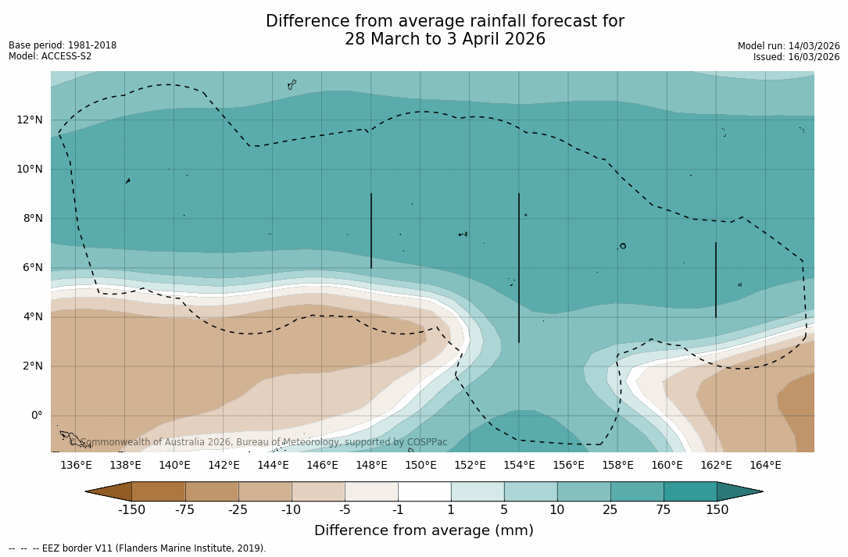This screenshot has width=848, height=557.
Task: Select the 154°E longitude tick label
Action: coord(519,466)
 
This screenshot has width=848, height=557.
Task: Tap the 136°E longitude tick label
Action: coord(76,466)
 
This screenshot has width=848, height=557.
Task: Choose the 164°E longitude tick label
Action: coord(765,466)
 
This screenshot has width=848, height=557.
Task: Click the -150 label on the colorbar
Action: coord(131,510)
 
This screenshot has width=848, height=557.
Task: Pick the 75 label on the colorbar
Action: coord(664,510)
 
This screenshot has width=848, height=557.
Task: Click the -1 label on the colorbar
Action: coord(398,510)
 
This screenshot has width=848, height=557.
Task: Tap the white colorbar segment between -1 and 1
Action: coord(424,491)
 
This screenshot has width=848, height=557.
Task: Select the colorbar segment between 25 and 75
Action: coord(637,491)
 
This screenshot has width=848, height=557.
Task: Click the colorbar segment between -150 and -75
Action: coord(159,491)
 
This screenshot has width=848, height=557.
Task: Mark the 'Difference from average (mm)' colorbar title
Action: coord(424,530)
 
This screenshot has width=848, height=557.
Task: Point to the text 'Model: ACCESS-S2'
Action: coord(50,56)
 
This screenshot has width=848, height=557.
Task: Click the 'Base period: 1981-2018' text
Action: coord(63,45)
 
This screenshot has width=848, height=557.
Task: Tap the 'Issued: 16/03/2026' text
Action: coord(796,57)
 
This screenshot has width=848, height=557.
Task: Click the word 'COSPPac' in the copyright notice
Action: coord(427,442)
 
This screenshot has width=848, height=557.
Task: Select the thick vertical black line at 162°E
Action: coord(715,280)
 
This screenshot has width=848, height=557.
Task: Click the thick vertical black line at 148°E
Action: coord(371,230)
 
